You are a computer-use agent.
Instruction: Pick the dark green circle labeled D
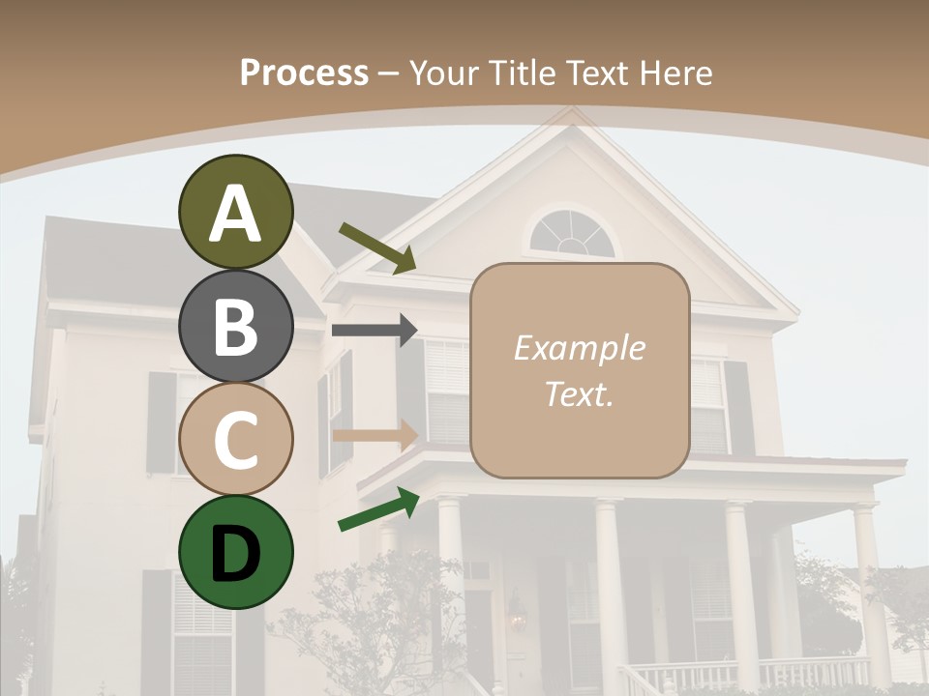235,552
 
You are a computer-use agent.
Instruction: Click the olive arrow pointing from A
377,248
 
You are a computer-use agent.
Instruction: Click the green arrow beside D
378,509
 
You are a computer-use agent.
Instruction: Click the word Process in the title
304,72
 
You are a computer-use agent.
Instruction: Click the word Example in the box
579,348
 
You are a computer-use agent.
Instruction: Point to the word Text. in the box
579,393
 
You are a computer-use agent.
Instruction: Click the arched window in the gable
572,234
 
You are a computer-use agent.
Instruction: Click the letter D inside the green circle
235,554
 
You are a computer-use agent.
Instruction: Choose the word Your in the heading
441,72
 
